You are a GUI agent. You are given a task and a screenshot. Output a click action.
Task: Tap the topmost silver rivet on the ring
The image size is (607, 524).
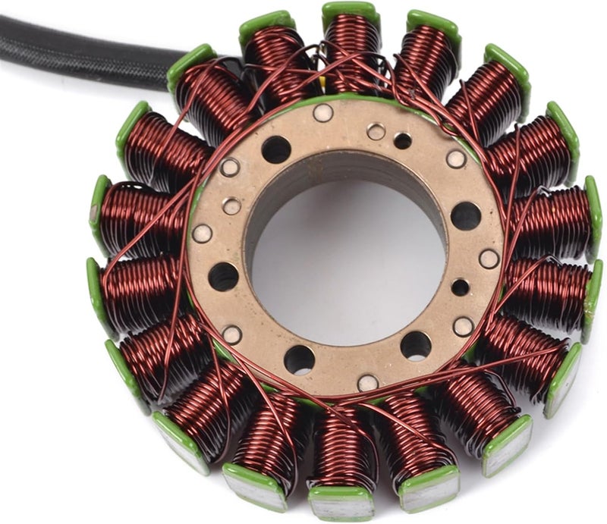pyautogui.click(x=323, y=113)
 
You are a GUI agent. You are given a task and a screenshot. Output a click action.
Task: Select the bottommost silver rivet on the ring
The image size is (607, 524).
pyautogui.click(x=367, y=383)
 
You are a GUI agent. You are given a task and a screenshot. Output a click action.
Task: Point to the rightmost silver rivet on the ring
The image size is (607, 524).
pyautogui.click(x=489, y=259)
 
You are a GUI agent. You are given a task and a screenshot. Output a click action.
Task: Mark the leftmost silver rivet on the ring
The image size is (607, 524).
pyautogui.click(x=202, y=234)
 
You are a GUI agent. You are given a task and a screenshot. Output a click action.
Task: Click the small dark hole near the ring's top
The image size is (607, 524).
pyautogui.click(x=403, y=140)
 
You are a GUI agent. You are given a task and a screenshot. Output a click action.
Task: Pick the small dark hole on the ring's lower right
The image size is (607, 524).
pyautogui.click(x=461, y=287)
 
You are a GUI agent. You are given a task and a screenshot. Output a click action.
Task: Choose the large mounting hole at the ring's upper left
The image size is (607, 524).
pyautogui.click(x=276, y=149)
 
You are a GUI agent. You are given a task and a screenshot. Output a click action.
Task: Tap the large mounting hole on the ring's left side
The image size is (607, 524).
pyautogui.click(x=224, y=277)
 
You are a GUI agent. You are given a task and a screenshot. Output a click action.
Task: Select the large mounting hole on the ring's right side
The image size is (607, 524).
pyautogui.click(x=466, y=216)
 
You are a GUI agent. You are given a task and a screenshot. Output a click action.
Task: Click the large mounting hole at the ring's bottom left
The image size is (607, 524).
pyautogui.click(x=299, y=359)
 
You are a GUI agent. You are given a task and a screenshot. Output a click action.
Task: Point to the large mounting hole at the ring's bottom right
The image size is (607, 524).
pyautogui.click(x=416, y=346)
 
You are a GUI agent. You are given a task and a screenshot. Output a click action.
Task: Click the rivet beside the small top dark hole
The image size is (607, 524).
pyautogui.click(x=376, y=132)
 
